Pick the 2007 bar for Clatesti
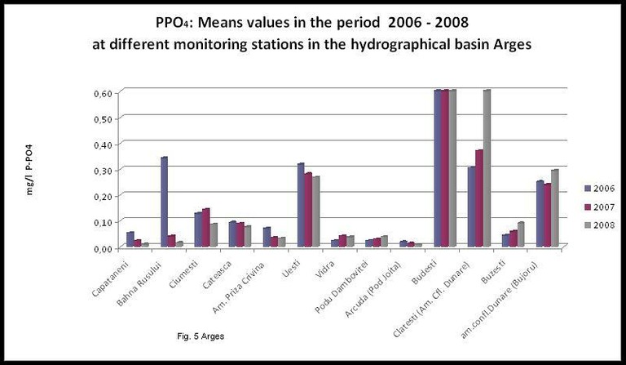(x=478, y=198)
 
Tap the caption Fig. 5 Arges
(x=201, y=336)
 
